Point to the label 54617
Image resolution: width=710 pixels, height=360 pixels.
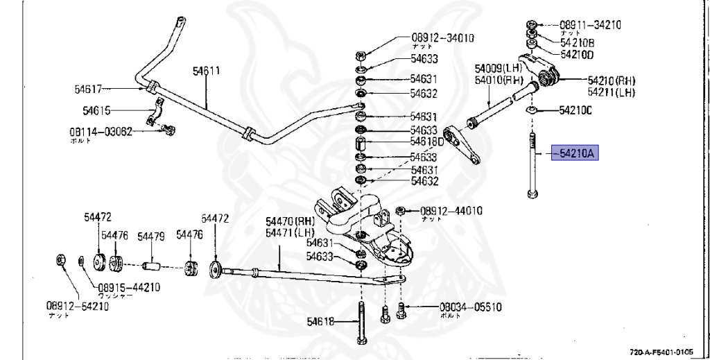(x=88, y=89)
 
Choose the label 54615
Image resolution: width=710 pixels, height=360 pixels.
(x=96, y=110)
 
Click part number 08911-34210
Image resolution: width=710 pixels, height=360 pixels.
(x=590, y=25)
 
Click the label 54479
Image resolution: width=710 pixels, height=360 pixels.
(x=150, y=237)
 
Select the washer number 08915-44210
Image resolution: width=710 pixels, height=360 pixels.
(x=129, y=287)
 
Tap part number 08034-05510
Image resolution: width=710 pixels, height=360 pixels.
(x=470, y=307)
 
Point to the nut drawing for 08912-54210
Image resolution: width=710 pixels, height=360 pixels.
(x=60, y=262)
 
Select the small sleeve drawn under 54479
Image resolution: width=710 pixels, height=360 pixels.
(x=151, y=266)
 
